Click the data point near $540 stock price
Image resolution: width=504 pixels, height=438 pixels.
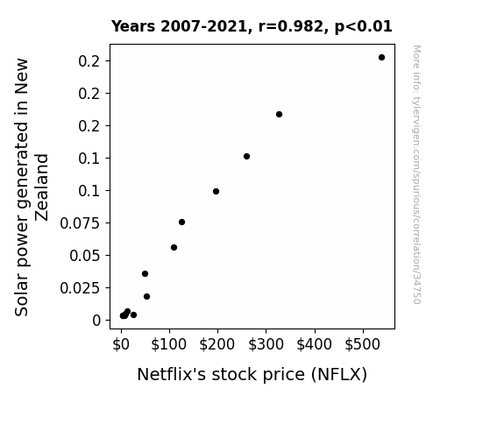[x=381, y=58]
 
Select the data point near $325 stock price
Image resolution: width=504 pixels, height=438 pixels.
[x=279, y=115]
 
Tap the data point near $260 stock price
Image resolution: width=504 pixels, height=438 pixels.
[x=246, y=157]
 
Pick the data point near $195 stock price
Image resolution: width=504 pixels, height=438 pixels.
[x=216, y=192]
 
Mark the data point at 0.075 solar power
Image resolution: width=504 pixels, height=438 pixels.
[x=181, y=222]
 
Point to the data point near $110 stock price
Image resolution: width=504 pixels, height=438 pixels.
[x=174, y=247]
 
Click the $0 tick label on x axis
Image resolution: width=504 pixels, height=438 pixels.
[x=121, y=344]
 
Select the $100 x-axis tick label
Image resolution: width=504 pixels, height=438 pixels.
[x=169, y=344]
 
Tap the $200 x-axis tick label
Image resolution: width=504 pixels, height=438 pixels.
[x=217, y=344]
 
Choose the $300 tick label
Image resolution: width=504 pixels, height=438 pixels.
[x=266, y=344]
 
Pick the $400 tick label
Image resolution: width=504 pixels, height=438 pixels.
[x=314, y=344]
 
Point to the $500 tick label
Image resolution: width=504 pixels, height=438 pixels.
[x=363, y=344]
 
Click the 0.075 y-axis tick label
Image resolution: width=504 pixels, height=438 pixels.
[x=80, y=223]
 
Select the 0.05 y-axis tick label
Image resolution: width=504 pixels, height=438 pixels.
[x=85, y=256]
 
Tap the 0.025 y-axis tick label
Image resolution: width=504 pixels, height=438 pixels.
[x=80, y=288]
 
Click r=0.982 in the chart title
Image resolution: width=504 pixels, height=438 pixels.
[x=291, y=26]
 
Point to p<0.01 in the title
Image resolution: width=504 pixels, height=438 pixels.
[x=364, y=27]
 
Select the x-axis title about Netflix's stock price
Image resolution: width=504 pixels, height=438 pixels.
[x=252, y=375]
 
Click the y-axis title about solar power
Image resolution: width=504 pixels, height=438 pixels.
[x=32, y=187]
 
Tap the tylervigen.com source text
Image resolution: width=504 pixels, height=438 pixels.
[x=416, y=174]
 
